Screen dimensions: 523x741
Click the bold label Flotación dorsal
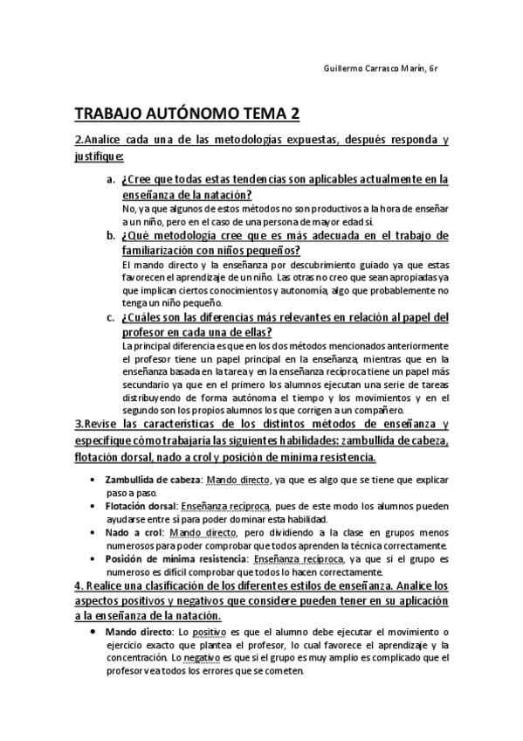(x=142, y=506)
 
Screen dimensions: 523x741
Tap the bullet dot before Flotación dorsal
(x=94, y=506)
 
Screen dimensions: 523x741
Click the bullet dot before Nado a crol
(x=94, y=532)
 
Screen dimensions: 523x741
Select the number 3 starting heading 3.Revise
(x=78, y=424)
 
